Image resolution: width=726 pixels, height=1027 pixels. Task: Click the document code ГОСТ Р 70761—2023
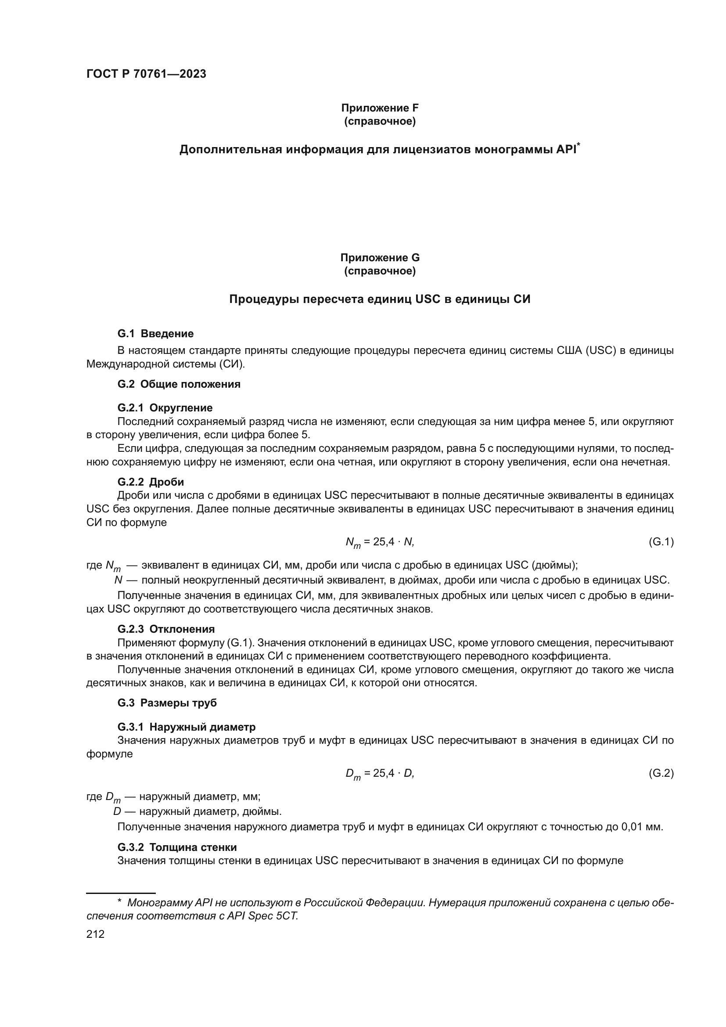coord(146,74)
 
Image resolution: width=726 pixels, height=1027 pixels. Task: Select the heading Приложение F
coord(380,108)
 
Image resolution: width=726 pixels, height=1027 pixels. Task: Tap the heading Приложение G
coord(380,258)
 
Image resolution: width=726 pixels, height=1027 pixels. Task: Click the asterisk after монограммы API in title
coord(579,144)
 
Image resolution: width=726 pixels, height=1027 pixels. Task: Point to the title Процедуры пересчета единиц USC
coord(380,299)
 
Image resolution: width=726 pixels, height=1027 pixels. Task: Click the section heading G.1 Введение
coord(155,334)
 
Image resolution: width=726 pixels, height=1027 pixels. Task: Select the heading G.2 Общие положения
coord(179,384)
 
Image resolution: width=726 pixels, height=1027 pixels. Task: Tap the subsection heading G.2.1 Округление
coord(165,408)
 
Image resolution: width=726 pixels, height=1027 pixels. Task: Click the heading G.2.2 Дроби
coord(151,482)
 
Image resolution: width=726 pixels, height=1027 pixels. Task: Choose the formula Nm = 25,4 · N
coord(380,543)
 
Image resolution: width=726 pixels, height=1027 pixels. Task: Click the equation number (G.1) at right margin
coord(661,542)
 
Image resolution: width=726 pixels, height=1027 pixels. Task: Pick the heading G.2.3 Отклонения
coord(166,629)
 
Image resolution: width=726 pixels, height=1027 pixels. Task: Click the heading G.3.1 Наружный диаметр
coord(187,727)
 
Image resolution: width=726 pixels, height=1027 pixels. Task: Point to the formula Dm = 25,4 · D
coord(380,774)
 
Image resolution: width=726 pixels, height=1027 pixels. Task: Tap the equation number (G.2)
coord(661,773)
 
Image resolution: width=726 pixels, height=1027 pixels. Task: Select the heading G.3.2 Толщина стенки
coord(177,847)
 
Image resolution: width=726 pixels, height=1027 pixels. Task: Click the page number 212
coord(95,934)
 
